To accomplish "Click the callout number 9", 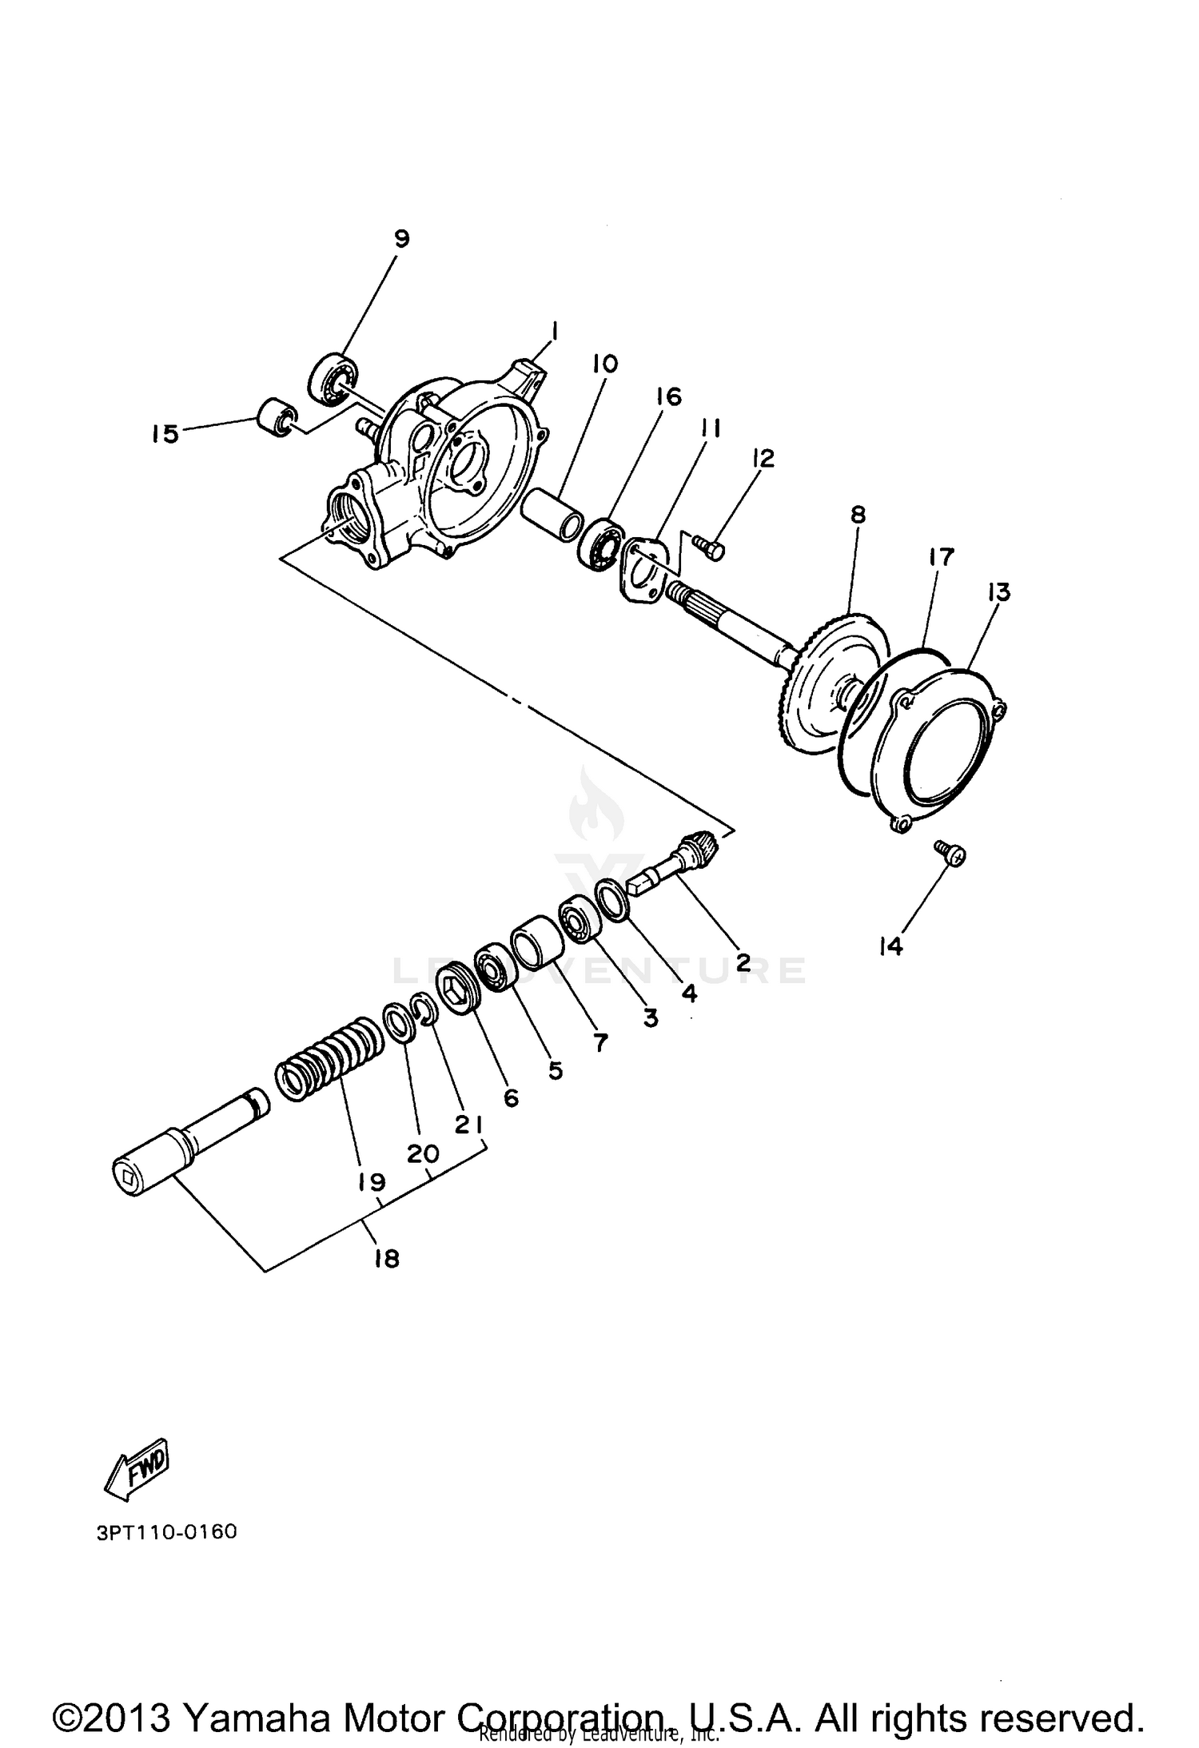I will click(401, 237).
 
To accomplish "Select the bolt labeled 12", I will click(707, 547).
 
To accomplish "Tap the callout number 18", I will click(386, 1258).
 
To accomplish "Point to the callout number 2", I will click(743, 962).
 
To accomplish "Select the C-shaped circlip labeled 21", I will click(425, 1009).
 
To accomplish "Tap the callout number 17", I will click(942, 557).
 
